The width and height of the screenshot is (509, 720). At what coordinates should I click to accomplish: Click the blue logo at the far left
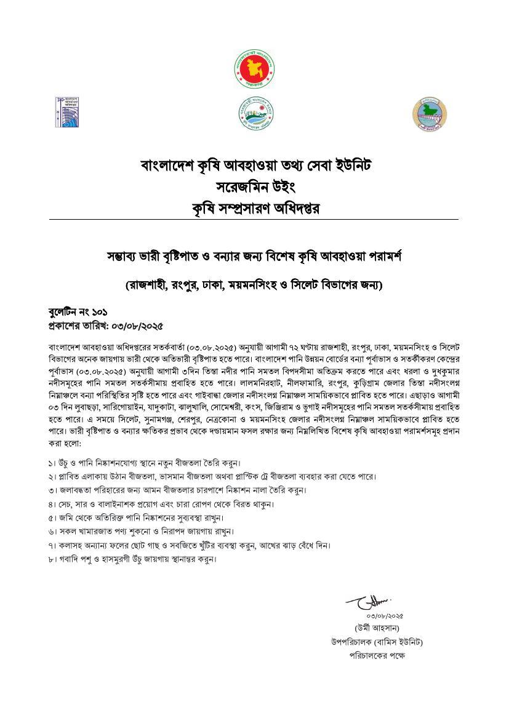[x=66, y=112]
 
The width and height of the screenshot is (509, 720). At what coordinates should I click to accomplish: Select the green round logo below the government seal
[x=254, y=113]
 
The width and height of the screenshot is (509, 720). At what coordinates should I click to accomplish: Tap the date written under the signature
[x=385, y=615]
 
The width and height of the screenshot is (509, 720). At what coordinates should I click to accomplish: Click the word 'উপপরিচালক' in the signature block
[x=350, y=642]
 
